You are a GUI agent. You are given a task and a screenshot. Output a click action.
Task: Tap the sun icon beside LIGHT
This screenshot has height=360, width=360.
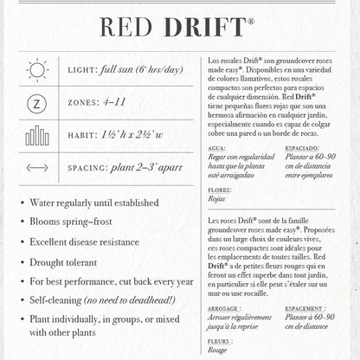[x=37, y=69]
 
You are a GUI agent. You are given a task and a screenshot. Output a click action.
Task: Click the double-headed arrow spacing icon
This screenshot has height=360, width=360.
[x=37, y=168]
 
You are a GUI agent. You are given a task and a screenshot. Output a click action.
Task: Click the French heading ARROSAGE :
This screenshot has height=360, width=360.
[x=225, y=307]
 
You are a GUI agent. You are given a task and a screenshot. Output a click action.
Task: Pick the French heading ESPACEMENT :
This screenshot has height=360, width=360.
[x=307, y=307]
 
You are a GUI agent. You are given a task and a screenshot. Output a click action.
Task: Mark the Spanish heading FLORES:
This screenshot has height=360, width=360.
[x=220, y=188]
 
